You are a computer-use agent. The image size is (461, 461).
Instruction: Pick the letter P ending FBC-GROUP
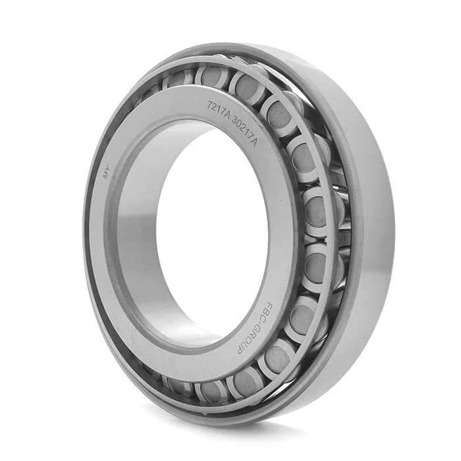[x=240, y=350]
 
